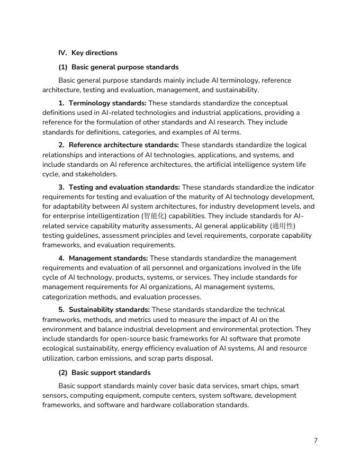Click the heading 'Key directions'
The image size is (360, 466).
click(x=94, y=53)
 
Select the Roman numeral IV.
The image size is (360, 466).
click(x=62, y=53)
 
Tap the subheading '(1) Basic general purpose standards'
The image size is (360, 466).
click(x=119, y=67)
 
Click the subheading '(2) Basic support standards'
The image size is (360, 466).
click(x=104, y=372)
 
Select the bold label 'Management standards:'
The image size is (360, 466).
click(x=108, y=258)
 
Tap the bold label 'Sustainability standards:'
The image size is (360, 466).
click(x=109, y=310)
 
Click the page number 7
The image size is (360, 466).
click(x=316, y=441)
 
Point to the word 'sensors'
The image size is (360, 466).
click(x=55, y=396)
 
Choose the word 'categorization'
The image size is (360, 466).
click(x=66, y=297)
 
